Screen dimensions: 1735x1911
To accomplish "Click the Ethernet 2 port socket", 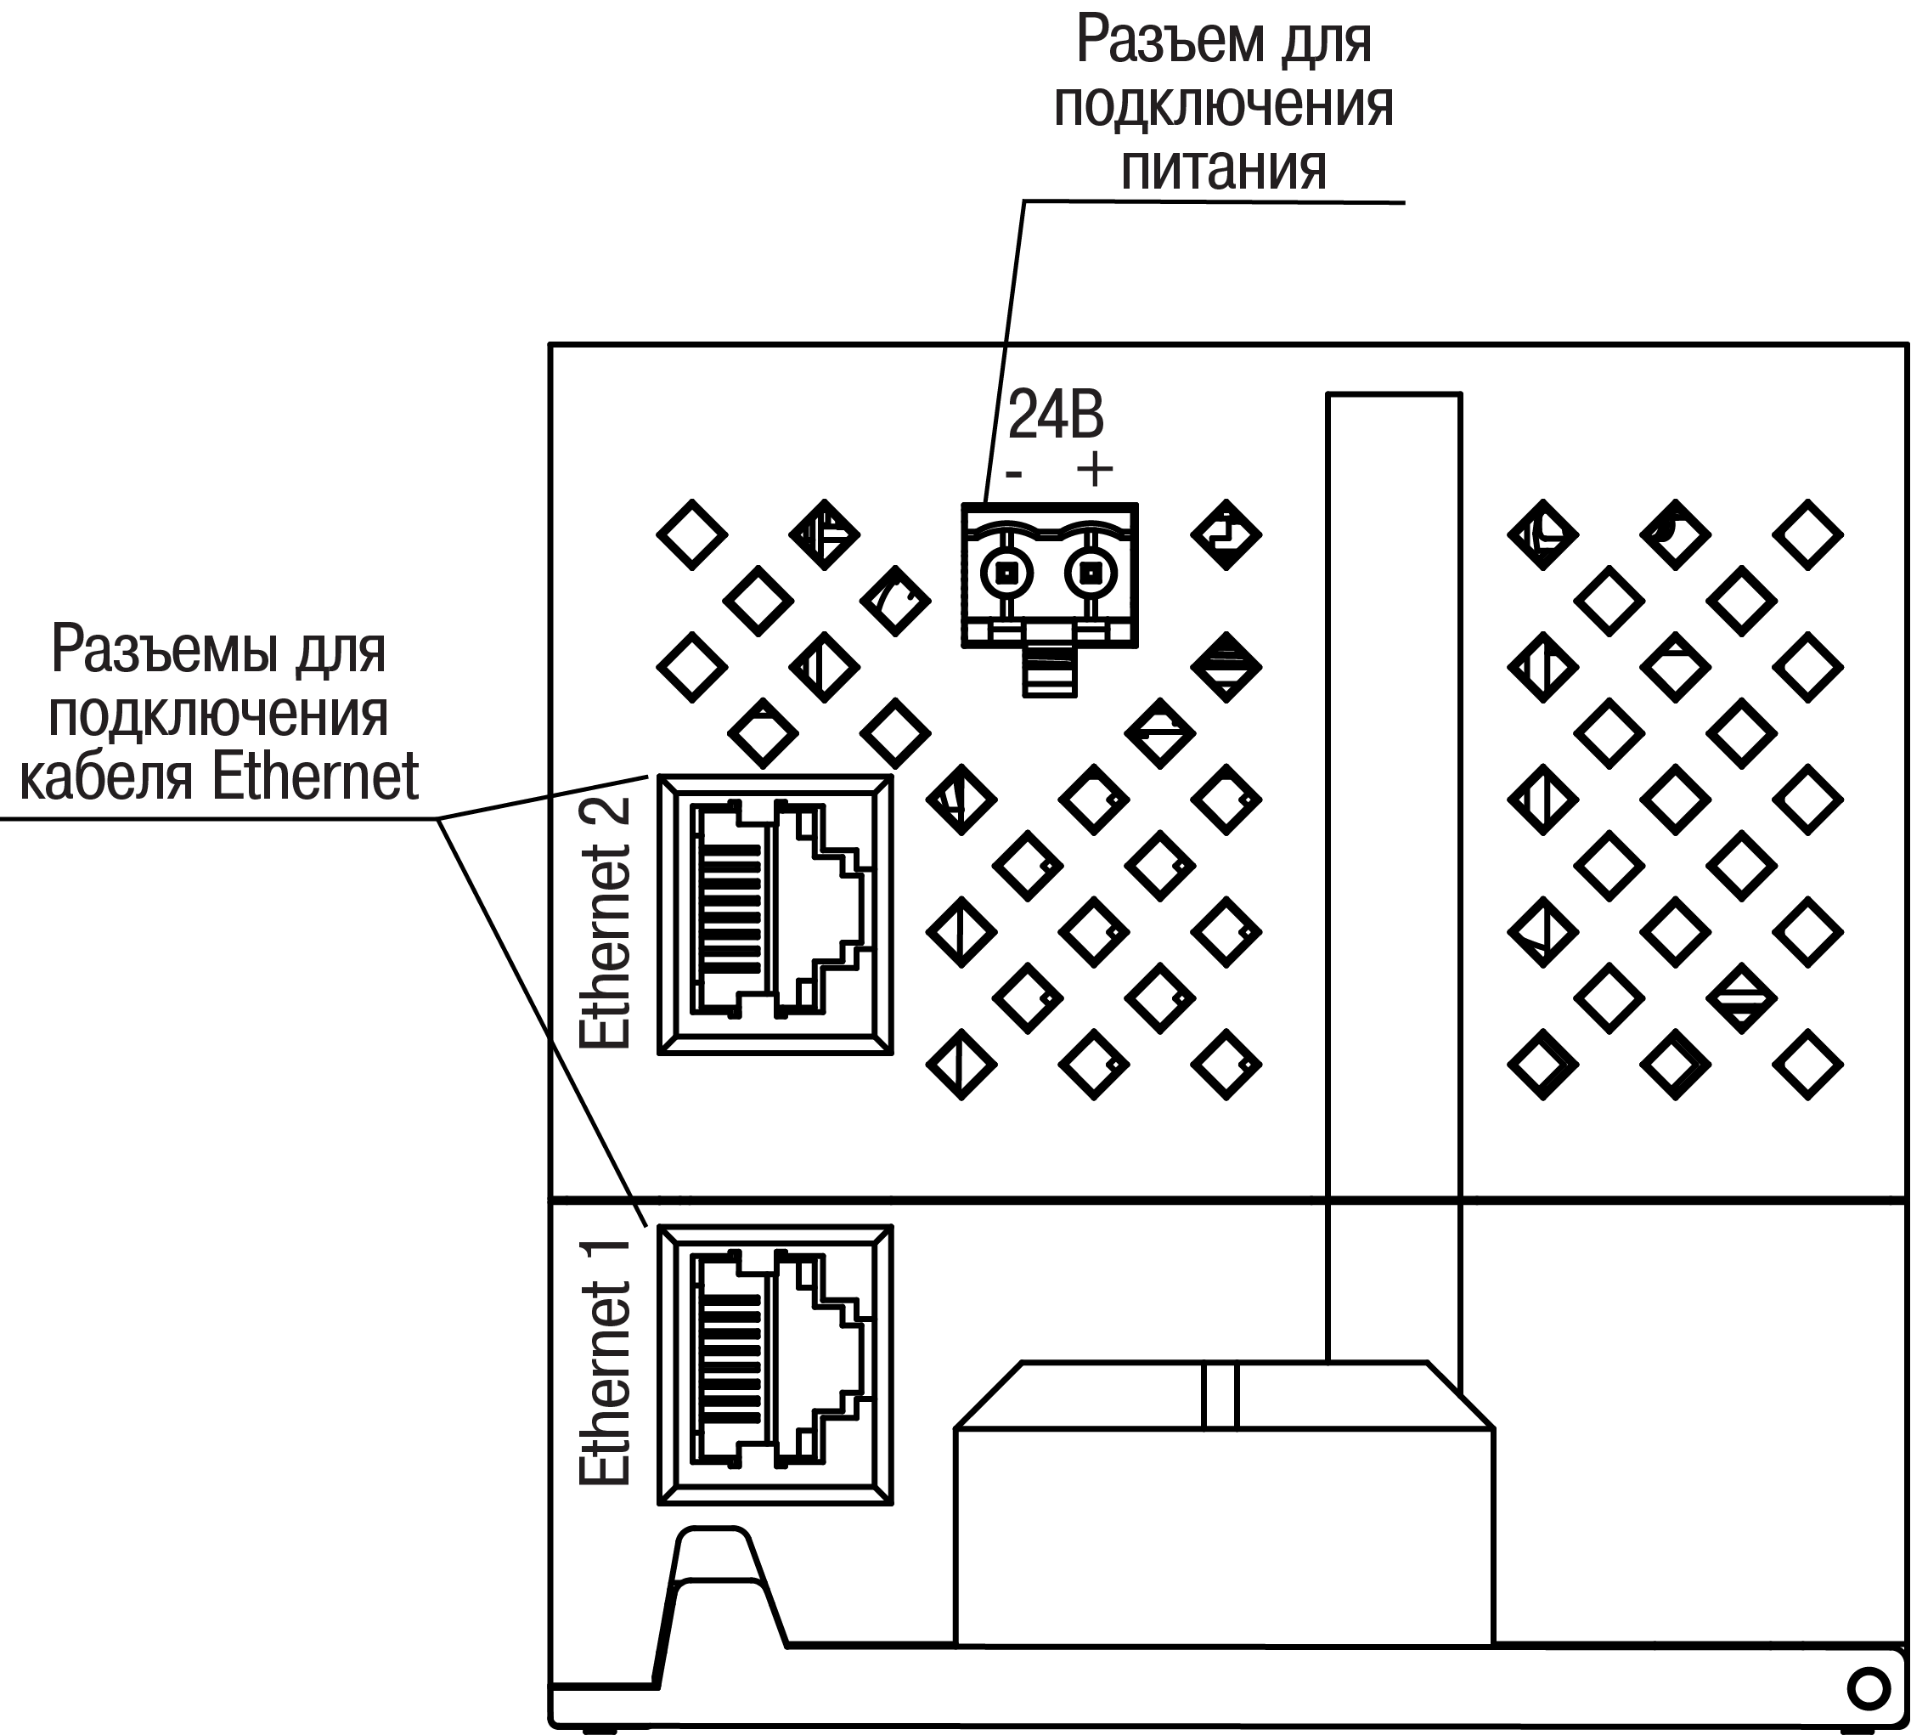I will (775, 914).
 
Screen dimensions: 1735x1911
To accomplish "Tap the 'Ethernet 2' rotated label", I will (605, 922).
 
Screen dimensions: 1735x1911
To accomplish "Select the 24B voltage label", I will (1055, 415).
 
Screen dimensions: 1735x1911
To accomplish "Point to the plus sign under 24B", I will (1095, 469).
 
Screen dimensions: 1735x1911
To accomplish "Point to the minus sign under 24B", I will (1014, 472).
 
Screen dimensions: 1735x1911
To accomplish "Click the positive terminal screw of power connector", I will (1091, 573).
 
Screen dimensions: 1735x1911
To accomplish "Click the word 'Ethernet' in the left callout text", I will (316, 777).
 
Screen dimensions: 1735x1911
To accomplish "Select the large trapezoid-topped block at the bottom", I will (1224, 1517).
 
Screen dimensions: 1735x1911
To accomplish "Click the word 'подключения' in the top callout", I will (1223, 105).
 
